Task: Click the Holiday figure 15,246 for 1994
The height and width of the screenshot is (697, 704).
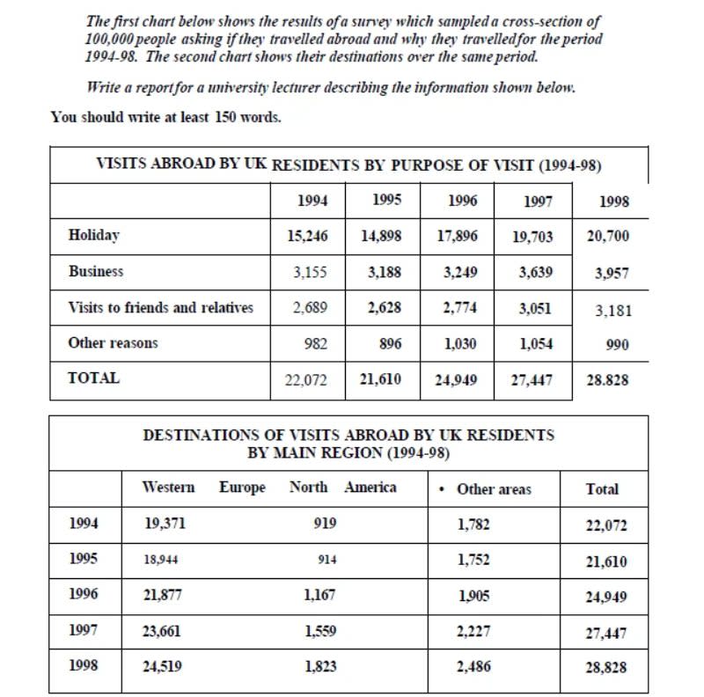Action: [307, 236]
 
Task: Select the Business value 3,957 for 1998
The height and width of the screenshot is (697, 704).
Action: [612, 273]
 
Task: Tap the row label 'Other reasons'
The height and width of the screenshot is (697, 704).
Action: [113, 343]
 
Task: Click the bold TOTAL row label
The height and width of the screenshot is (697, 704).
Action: [93, 378]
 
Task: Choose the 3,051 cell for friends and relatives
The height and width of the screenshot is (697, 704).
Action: [536, 308]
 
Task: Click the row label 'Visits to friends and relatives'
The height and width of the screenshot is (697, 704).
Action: [160, 308]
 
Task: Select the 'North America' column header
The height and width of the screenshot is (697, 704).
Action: [342, 487]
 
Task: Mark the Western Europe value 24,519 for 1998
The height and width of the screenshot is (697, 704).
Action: [164, 666]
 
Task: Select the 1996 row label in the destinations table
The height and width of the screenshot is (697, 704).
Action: [84, 594]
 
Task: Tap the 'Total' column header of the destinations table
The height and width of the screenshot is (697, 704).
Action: [603, 489]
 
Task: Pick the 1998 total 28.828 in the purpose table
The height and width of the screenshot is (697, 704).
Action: [612, 380]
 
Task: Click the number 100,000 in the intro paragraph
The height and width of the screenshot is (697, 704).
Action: [112, 40]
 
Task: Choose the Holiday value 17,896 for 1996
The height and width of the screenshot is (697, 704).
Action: [461, 236]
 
